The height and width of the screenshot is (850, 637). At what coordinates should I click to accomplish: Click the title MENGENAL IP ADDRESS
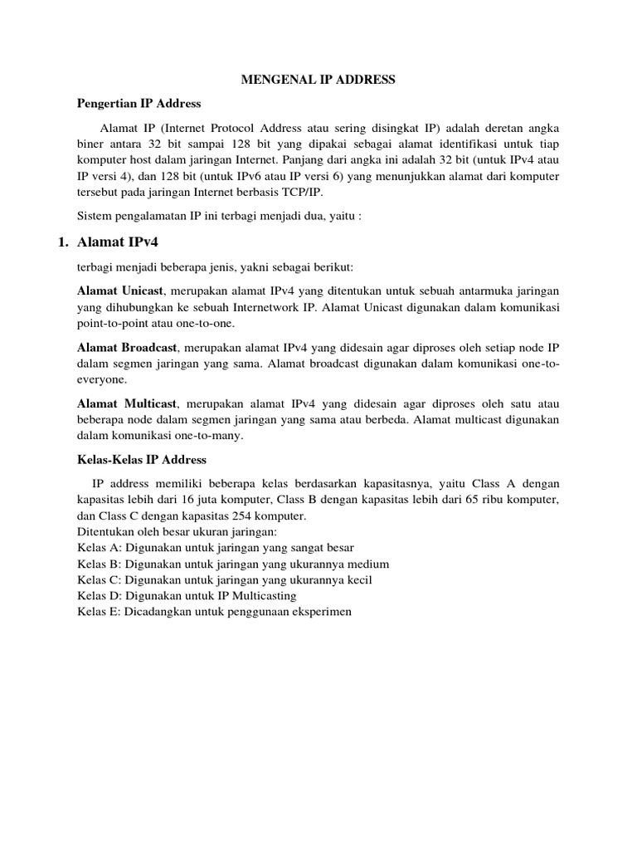pos(318,80)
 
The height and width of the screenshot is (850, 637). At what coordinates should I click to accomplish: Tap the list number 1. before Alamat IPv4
pos(60,242)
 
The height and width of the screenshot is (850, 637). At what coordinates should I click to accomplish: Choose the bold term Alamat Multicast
pos(126,403)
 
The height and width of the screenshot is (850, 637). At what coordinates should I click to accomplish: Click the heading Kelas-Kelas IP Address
pos(142,459)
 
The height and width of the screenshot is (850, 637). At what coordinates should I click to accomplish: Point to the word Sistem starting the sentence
pos(95,217)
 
